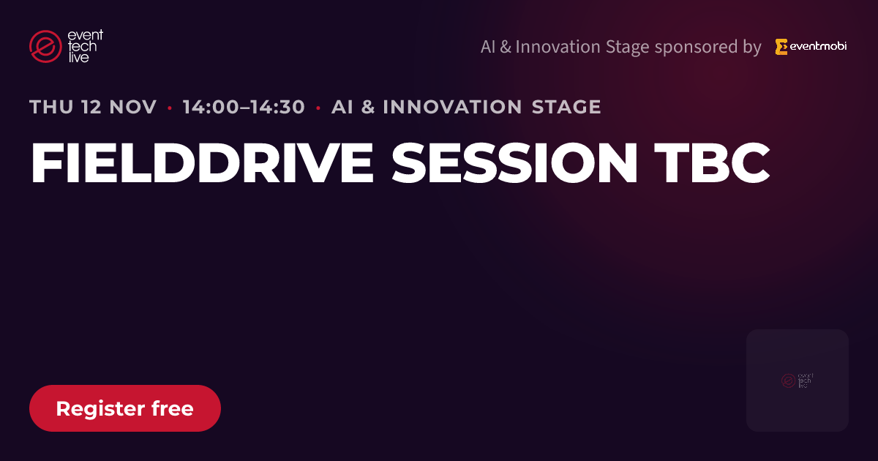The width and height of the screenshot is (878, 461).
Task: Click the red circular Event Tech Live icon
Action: (45, 46)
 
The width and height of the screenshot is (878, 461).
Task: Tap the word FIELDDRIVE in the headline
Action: (202, 162)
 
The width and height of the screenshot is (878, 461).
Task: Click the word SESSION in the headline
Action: (514, 162)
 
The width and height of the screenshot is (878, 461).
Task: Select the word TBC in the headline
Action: (712, 162)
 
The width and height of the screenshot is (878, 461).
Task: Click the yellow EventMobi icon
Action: (781, 47)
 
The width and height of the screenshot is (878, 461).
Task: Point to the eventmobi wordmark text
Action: (818, 46)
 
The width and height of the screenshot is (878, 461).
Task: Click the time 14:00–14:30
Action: (244, 107)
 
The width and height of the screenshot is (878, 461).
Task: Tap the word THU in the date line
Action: (51, 107)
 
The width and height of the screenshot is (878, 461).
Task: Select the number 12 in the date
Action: (91, 107)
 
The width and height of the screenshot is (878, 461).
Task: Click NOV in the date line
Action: (133, 107)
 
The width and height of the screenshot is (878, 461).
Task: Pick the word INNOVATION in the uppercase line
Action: (452, 107)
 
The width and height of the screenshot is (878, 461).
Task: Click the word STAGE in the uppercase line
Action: (566, 107)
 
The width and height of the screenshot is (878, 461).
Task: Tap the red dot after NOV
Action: (170, 108)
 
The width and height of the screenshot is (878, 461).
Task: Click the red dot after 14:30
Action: (318, 108)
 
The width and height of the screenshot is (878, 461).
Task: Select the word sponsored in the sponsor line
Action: (696, 48)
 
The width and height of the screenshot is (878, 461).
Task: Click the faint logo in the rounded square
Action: (798, 381)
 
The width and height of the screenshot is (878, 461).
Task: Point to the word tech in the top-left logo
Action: (82, 46)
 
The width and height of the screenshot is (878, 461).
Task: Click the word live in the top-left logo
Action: (78, 57)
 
